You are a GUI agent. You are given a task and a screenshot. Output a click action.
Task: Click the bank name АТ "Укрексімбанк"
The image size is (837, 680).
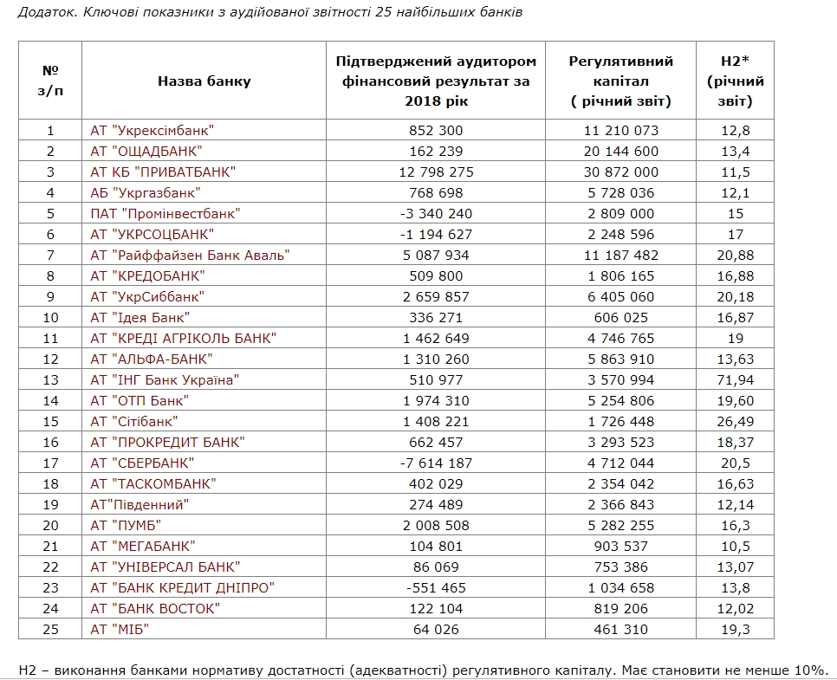point(152,130)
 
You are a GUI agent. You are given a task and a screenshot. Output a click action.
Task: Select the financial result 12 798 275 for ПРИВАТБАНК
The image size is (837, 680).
point(436,172)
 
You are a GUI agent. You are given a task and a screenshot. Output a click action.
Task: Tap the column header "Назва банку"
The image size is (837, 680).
point(204,81)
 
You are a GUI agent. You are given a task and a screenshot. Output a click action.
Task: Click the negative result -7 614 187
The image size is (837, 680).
point(436,463)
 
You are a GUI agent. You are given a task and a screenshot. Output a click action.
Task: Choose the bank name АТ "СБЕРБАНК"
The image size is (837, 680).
point(142,463)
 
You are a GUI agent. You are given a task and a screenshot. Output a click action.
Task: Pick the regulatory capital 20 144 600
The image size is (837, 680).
point(620,151)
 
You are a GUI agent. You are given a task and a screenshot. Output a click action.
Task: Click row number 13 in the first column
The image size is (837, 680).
point(50,379)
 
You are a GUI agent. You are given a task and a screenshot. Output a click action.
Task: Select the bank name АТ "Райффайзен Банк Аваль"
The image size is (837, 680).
point(189,255)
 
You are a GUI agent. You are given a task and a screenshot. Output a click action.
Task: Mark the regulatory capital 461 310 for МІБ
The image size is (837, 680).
point(620,629)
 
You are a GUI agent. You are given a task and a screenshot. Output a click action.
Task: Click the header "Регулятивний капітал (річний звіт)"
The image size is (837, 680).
point(620,81)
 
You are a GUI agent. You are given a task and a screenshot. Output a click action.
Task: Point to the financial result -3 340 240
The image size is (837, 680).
point(436,213)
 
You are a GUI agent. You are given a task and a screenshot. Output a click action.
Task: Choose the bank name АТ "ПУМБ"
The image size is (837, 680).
point(126,525)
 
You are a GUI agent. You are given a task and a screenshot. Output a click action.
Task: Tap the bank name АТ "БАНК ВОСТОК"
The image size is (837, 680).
point(155,608)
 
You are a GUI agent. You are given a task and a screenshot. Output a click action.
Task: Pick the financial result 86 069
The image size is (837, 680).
point(436,567)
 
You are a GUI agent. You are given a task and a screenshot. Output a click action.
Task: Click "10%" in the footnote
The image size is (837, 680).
point(810,670)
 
